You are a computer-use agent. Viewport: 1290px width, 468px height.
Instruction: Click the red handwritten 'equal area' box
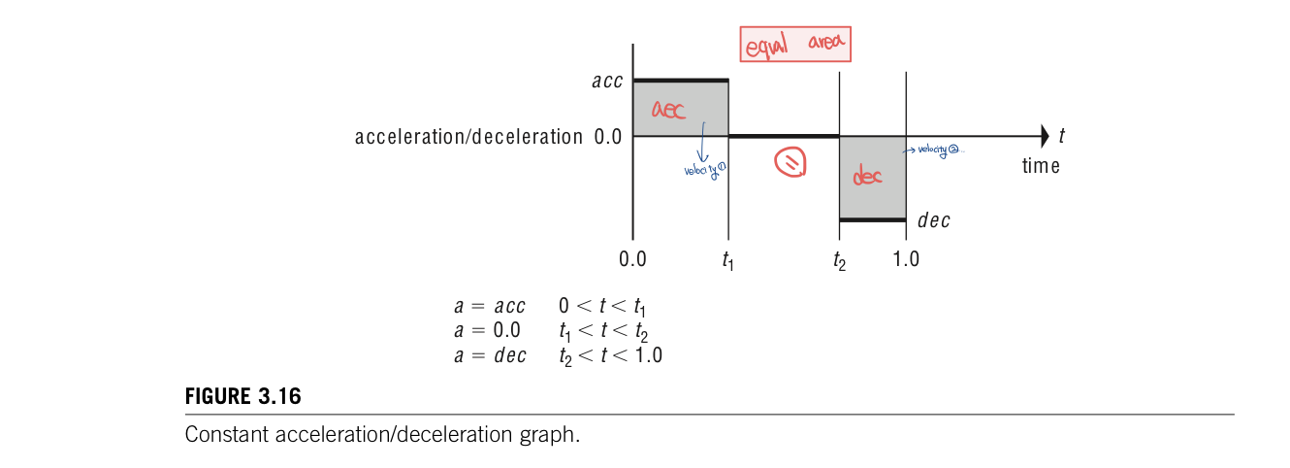796,45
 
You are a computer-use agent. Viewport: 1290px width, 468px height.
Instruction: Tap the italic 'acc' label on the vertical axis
607,82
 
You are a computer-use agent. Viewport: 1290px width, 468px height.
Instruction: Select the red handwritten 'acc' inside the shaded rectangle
668,109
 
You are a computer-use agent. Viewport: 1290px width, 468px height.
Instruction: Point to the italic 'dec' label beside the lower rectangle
933,220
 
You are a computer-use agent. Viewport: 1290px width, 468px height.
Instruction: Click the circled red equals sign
790,163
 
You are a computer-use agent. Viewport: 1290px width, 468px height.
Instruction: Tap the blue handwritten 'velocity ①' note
705,170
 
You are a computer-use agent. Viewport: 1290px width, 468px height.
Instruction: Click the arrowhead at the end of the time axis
1044,136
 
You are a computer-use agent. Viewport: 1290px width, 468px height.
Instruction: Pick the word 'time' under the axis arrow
1041,166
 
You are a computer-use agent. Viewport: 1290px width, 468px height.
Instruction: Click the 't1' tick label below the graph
727,260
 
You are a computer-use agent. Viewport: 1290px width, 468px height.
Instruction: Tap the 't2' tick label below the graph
839,260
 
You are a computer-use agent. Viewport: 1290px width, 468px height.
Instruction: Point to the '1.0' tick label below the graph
906,259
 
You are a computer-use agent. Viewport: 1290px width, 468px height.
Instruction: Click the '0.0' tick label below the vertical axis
632,259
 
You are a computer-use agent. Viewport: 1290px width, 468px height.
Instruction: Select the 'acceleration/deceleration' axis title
468,137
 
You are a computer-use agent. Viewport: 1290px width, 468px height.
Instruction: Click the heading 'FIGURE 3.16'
242,397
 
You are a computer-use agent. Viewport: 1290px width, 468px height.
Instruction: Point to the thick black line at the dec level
872,220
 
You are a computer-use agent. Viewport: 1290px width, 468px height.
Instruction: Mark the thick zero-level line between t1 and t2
783,136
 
